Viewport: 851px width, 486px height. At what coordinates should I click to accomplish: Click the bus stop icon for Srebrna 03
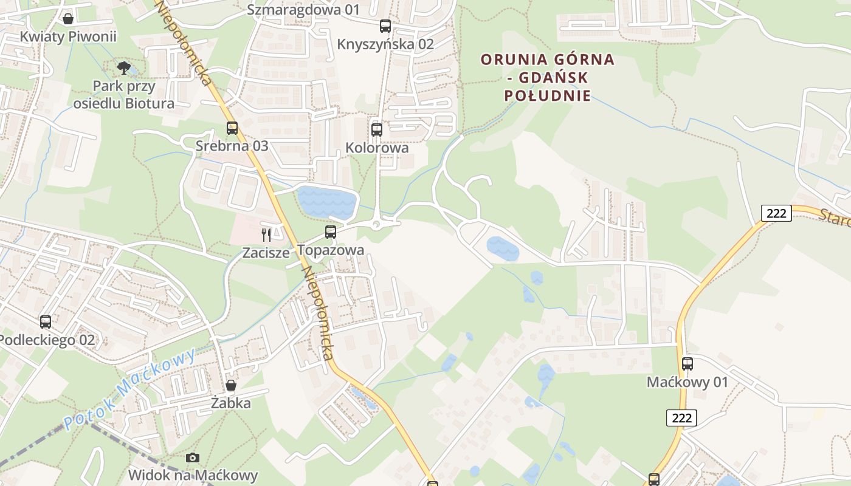[x=232, y=128]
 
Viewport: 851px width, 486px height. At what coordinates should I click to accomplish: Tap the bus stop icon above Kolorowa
[x=377, y=129]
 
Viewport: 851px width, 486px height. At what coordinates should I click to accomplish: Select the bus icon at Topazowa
[x=331, y=231]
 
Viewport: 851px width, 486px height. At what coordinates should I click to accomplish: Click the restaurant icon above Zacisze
[x=266, y=234]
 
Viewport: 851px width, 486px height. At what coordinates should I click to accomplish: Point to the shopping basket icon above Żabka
[x=231, y=385]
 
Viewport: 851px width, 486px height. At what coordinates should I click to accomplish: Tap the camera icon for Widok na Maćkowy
[x=193, y=457]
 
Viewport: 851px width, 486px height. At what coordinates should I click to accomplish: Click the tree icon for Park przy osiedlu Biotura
[x=124, y=67]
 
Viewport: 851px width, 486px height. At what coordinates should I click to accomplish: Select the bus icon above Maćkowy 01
[x=687, y=364]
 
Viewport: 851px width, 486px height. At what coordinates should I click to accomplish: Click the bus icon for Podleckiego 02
[x=46, y=322]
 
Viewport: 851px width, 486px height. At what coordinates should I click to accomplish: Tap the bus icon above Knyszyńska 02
[x=385, y=26]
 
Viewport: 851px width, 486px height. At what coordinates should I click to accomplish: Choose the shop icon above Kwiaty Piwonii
[x=68, y=19]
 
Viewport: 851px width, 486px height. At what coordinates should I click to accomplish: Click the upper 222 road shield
[x=776, y=213]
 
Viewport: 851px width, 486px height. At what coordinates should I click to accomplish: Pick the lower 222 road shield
[x=681, y=418]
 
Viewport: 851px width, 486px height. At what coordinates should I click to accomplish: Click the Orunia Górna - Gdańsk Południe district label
[x=548, y=77]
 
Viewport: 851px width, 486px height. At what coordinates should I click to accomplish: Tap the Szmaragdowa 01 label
[x=303, y=10]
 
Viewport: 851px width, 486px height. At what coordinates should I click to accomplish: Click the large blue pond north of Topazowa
[x=326, y=202]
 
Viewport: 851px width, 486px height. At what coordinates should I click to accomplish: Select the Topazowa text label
[x=331, y=250]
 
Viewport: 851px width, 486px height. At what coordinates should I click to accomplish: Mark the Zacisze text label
[x=266, y=253]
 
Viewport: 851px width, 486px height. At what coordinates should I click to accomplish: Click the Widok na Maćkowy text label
[x=193, y=475]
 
